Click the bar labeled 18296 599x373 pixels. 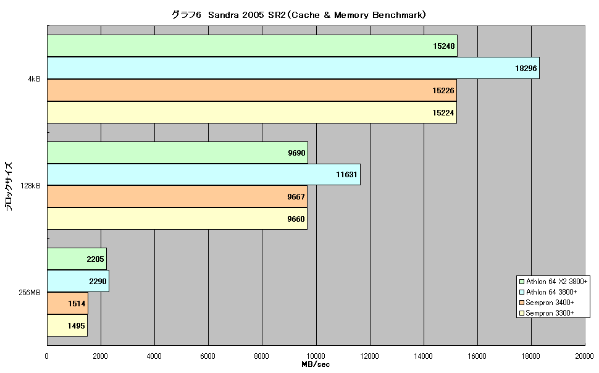pyautogui.click(x=293, y=68)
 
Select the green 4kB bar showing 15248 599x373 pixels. pyautogui.click(x=252, y=46)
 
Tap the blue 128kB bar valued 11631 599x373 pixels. pyautogui.click(x=204, y=175)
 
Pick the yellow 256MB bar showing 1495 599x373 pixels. pyautogui.click(x=67, y=325)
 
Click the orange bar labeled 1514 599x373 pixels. pyautogui.click(x=67, y=303)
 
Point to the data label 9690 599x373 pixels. pyautogui.click(x=296, y=153)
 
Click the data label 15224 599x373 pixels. pyautogui.click(x=443, y=113)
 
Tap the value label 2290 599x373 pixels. pyautogui.click(x=98, y=281)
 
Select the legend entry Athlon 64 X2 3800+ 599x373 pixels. pyautogui.click(x=553, y=282)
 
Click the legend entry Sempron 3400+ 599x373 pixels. pyautogui.click(x=547, y=303)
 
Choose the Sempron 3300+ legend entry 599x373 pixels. pyautogui.click(x=547, y=313)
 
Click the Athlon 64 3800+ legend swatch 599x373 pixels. pyautogui.click(x=521, y=292)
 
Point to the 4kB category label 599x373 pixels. pyautogui.click(x=34, y=80)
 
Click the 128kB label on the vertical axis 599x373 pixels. pyautogui.click(x=30, y=186)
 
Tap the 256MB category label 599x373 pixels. pyautogui.click(x=30, y=293)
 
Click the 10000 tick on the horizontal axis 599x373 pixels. pyautogui.click(x=316, y=356)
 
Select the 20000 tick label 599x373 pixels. pyautogui.click(x=584, y=356)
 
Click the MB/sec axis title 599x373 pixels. pyautogui.click(x=316, y=364)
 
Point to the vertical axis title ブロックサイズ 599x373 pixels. pyautogui.click(x=9, y=186)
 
